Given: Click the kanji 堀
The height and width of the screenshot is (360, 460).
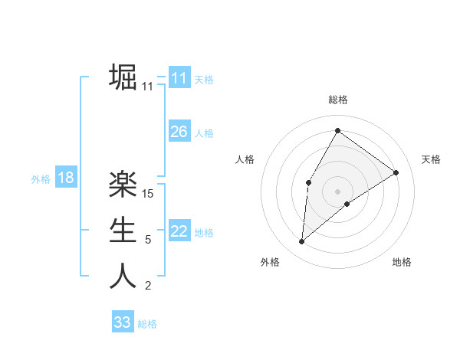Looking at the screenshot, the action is coord(123,77).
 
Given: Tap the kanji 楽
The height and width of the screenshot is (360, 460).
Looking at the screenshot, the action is coord(123,184).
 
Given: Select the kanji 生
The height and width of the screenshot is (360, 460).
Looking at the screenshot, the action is coord(123,230).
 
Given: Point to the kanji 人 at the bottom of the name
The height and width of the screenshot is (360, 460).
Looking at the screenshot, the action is coord(123,276).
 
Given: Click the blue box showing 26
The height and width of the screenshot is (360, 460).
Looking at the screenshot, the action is coord(179,132).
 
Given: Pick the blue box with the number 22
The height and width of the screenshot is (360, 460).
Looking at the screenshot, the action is coord(179,231).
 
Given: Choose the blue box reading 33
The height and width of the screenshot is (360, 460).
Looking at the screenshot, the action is coord(122,322).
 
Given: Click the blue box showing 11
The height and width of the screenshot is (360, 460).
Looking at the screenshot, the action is coord(179,78).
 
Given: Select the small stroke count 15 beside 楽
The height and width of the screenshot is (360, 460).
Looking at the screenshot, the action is coord(149,194).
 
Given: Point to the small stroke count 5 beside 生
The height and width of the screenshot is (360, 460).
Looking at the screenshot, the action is coord(148,240).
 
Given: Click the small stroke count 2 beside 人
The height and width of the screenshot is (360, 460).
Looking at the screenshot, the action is coord(148,286).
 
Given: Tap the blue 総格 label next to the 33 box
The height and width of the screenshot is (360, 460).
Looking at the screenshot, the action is coord(147,324).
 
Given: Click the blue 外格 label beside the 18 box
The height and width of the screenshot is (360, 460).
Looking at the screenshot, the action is coord(41,179).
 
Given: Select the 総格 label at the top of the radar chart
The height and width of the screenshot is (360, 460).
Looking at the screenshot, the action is coord(337,100).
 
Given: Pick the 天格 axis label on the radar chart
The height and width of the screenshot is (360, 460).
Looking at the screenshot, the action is coord(431,159).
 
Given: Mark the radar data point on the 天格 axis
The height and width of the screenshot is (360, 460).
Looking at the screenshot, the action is coord(396,172).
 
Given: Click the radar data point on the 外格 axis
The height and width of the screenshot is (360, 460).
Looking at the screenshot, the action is coord(302,242).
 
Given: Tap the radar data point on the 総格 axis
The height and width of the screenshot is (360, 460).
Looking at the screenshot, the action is coord(337,130).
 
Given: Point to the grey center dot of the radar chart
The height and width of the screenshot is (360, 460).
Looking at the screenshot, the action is coord(337,191).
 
